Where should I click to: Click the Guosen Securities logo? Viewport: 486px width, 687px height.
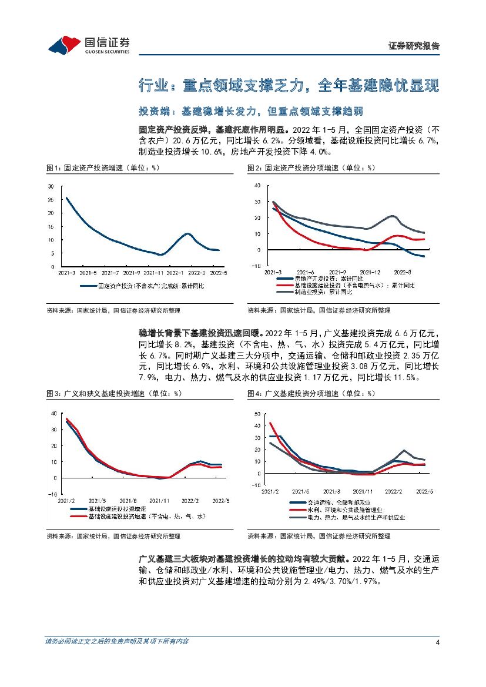pyautogui.click(x=89, y=43)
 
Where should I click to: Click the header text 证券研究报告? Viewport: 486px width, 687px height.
pyautogui.click(x=414, y=46)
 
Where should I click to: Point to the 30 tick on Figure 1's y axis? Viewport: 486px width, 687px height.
pyautogui.click(x=51, y=186)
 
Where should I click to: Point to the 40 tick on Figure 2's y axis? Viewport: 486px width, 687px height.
pyautogui.click(x=256, y=185)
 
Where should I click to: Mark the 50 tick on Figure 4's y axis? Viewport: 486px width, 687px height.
pyautogui.click(x=256, y=414)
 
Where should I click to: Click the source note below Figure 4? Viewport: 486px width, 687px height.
pyautogui.click(x=319, y=536)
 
